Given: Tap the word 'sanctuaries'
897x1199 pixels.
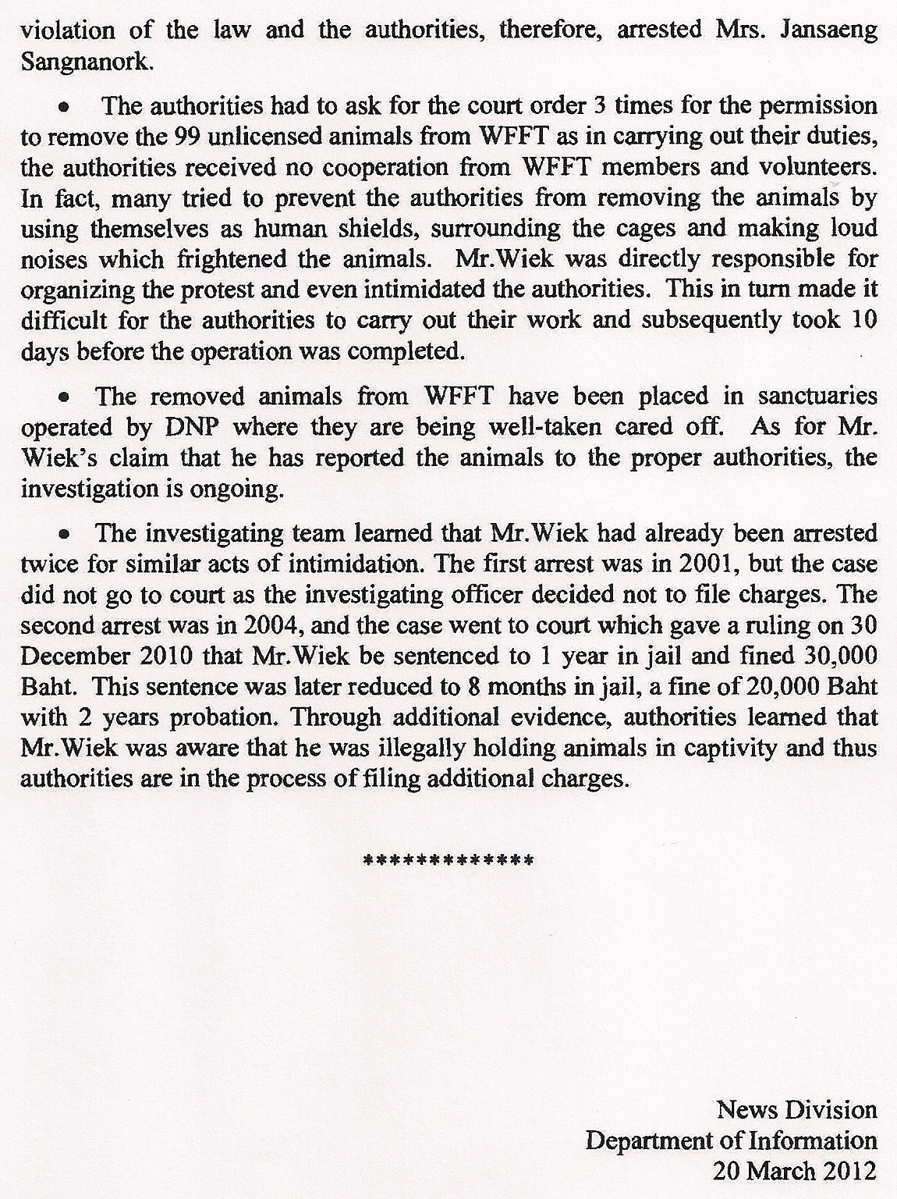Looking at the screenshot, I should click(818, 397).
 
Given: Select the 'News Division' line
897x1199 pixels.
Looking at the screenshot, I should click(796, 1109).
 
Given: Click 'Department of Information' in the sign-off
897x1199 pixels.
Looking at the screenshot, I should click(731, 1140).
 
